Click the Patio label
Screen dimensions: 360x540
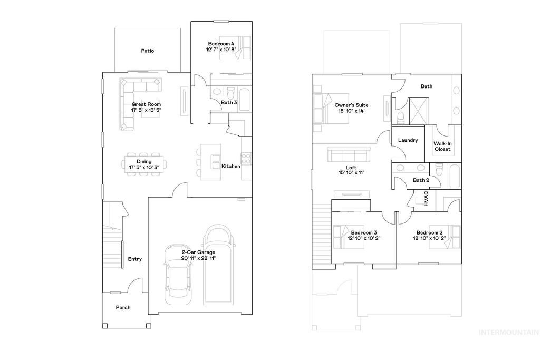147,51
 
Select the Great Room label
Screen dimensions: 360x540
146,104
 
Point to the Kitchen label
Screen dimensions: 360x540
230,167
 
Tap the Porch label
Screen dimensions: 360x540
123,307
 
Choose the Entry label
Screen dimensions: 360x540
134,259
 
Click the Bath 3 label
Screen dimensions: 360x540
229,103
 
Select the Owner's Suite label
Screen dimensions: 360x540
352,105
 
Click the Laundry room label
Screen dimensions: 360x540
408,140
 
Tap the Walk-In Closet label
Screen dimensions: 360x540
442,146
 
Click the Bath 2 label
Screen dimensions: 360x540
421,180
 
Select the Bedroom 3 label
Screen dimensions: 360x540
364,232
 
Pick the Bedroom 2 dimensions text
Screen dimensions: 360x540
429,238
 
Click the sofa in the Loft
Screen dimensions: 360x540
349,155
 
